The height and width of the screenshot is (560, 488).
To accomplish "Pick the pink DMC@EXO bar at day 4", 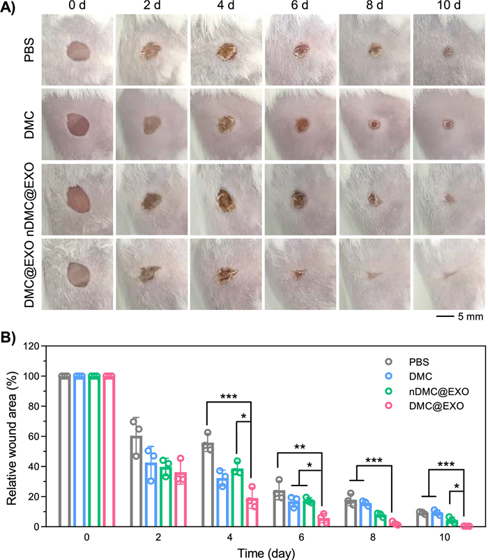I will pyautogui.click(x=252, y=513).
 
